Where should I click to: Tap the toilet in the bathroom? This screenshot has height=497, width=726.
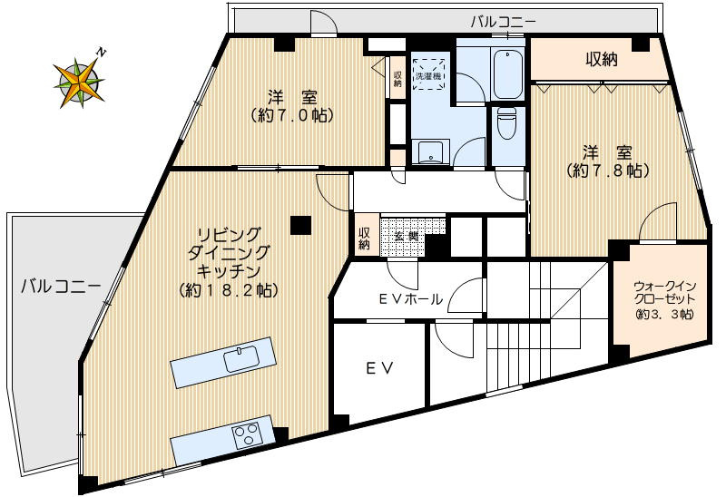(506, 123)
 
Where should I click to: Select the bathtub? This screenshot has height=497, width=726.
(508, 74)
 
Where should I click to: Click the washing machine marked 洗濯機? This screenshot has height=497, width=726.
(430, 73)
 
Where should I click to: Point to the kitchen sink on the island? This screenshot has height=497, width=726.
(241, 359)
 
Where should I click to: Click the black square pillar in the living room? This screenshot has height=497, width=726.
(300, 226)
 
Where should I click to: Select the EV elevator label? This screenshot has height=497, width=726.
(380, 368)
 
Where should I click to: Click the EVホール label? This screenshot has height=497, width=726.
(411, 299)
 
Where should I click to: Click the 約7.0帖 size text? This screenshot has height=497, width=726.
(292, 116)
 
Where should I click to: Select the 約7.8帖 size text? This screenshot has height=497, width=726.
(607, 171)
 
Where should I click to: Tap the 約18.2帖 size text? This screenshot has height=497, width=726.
(230, 290)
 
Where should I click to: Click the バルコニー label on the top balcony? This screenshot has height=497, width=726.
(503, 22)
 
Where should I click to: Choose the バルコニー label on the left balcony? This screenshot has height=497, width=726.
(61, 287)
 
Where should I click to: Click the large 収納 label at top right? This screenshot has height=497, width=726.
(602, 59)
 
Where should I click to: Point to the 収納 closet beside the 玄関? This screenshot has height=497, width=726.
(365, 239)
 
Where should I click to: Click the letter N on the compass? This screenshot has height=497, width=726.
(102, 52)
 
